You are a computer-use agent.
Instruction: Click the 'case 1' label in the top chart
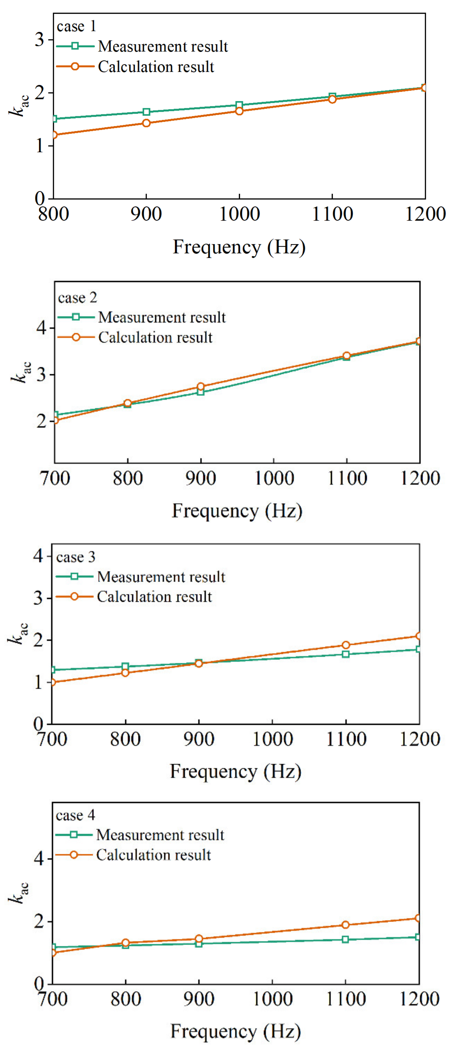click(x=76, y=26)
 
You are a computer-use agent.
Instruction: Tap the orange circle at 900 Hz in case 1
click(x=146, y=123)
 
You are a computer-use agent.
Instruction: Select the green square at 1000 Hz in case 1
click(x=239, y=105)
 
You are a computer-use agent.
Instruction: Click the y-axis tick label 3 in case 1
click(x=39, y=40)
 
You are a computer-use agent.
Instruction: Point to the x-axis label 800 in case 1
click(x=53, y=214)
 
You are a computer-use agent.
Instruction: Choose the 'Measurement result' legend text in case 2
click(x=162, y=317)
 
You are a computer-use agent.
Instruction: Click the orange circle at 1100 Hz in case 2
click(x=346, y=356)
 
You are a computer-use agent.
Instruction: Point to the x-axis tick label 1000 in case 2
click(x=274, y=478)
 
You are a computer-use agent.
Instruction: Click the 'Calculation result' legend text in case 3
click(x=154, y=597)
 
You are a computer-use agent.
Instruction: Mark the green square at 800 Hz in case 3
click(x=125, y=667)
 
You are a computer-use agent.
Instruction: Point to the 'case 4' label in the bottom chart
click(x=75, y=815)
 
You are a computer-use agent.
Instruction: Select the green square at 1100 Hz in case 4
click(x=345, y=939)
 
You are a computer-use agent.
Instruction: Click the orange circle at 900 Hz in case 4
click(x=199, y=939)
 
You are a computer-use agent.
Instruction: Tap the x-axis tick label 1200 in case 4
click(x=419, y=999)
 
